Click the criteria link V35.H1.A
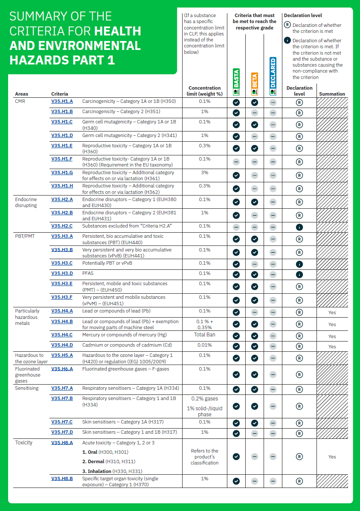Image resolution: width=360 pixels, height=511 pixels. click(62, 102)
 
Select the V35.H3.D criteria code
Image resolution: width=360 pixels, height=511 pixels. click(62, 273)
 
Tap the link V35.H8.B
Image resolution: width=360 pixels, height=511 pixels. click(62, 479)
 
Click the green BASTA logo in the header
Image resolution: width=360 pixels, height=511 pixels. click(236, 82)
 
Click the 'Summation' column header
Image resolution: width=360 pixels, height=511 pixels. click(332, 94)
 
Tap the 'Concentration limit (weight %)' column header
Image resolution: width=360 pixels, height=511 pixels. click(205, 91)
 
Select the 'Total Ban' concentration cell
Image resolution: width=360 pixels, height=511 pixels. click(205, 335)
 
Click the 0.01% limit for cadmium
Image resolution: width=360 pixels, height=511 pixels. click(205, 345)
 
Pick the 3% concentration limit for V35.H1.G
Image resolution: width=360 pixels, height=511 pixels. click(205, 172)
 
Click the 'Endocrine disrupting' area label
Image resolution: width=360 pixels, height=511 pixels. click(26, 202)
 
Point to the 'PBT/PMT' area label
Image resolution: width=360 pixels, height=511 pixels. click(24, 236)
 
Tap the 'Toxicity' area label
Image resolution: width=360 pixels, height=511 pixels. click(23, 443)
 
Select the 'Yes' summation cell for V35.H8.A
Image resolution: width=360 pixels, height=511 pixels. click(332, 457)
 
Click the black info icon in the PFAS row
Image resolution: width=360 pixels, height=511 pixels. click(299, 274)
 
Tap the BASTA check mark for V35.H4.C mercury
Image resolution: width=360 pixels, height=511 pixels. click(236, 336)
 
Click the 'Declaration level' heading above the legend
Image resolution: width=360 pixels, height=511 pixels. click(303, 15)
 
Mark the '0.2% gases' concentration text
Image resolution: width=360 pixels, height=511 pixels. click(205, 399)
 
